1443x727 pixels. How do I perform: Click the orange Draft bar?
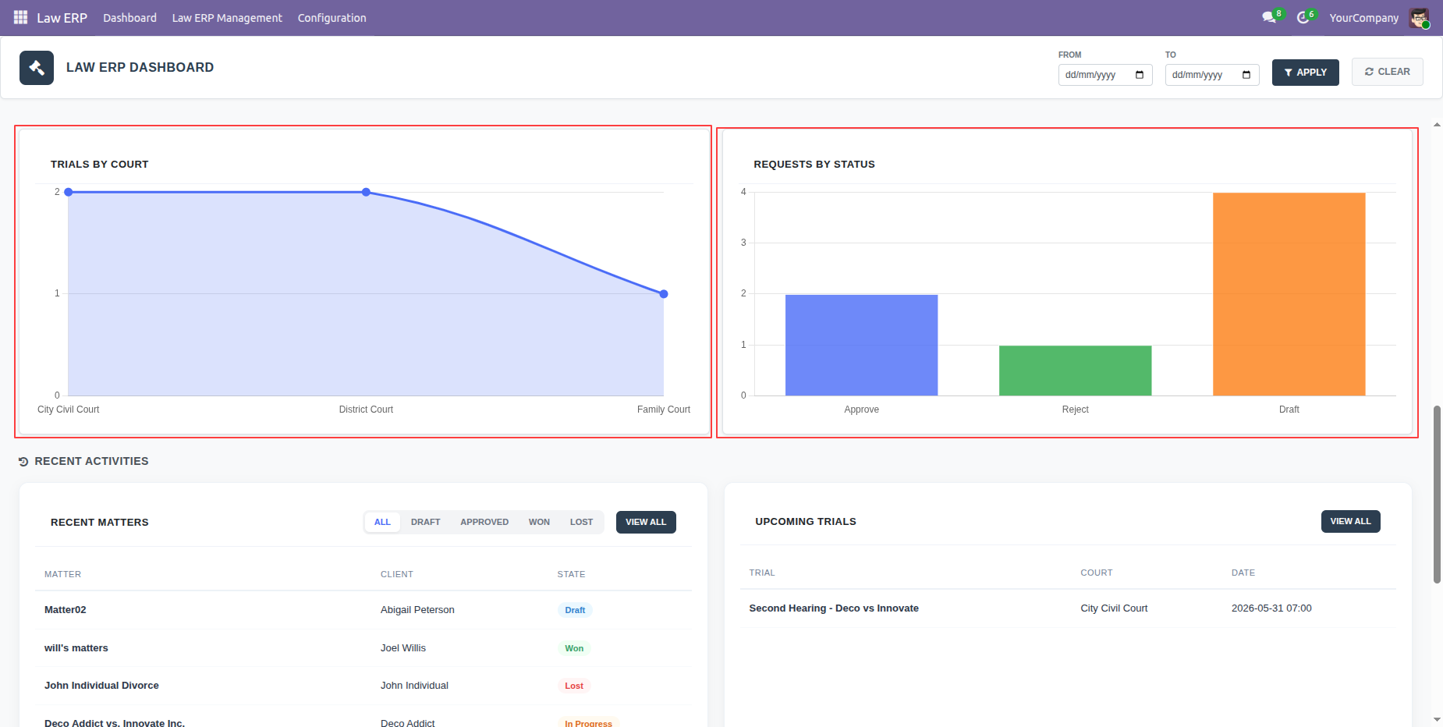pyautogui.click(x=1289, y=294)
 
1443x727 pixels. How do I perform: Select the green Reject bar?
pyautogui.click(x=1075, y=371)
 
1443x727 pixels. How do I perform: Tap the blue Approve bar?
pyautogui.click(x=861, y=345)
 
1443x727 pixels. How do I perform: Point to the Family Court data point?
pyautogui.click(x=664, y=294)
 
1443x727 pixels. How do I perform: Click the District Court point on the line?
pyautogui.click(x=366, y=192)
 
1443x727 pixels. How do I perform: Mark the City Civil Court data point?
pyautogui.click(x=69, y=192)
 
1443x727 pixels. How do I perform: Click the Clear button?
pyautogui.click(x=1387, y=72)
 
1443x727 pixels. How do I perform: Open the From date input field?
pyautogui.click(x=1104, y=75)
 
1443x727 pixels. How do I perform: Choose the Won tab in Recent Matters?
pyautogui.click(x=539, y=523)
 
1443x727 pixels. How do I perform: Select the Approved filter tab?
pyautogui.click(x=484, y=523)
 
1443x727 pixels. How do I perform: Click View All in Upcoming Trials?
pyautogui.click(x=1350, y=522)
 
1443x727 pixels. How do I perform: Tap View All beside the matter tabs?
pyautogui.click(x=646, y=523)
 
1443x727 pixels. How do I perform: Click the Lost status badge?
pyautogui.click(x=574, y=686)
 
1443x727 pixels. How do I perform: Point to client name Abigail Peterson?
pyautogui.click(x=417, y=610)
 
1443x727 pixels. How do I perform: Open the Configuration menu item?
pyautogui.click(x=331, y=18)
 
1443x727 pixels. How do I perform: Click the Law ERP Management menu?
pyautogui.click(x=227, y=18)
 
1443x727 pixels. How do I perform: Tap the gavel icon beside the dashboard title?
pyautogui.click(x=37, y=68)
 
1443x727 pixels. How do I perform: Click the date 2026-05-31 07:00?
pyautogui.click(x=1271, y=608)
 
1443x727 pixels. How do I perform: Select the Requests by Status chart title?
pyautogui.click(x=814, y=165)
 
